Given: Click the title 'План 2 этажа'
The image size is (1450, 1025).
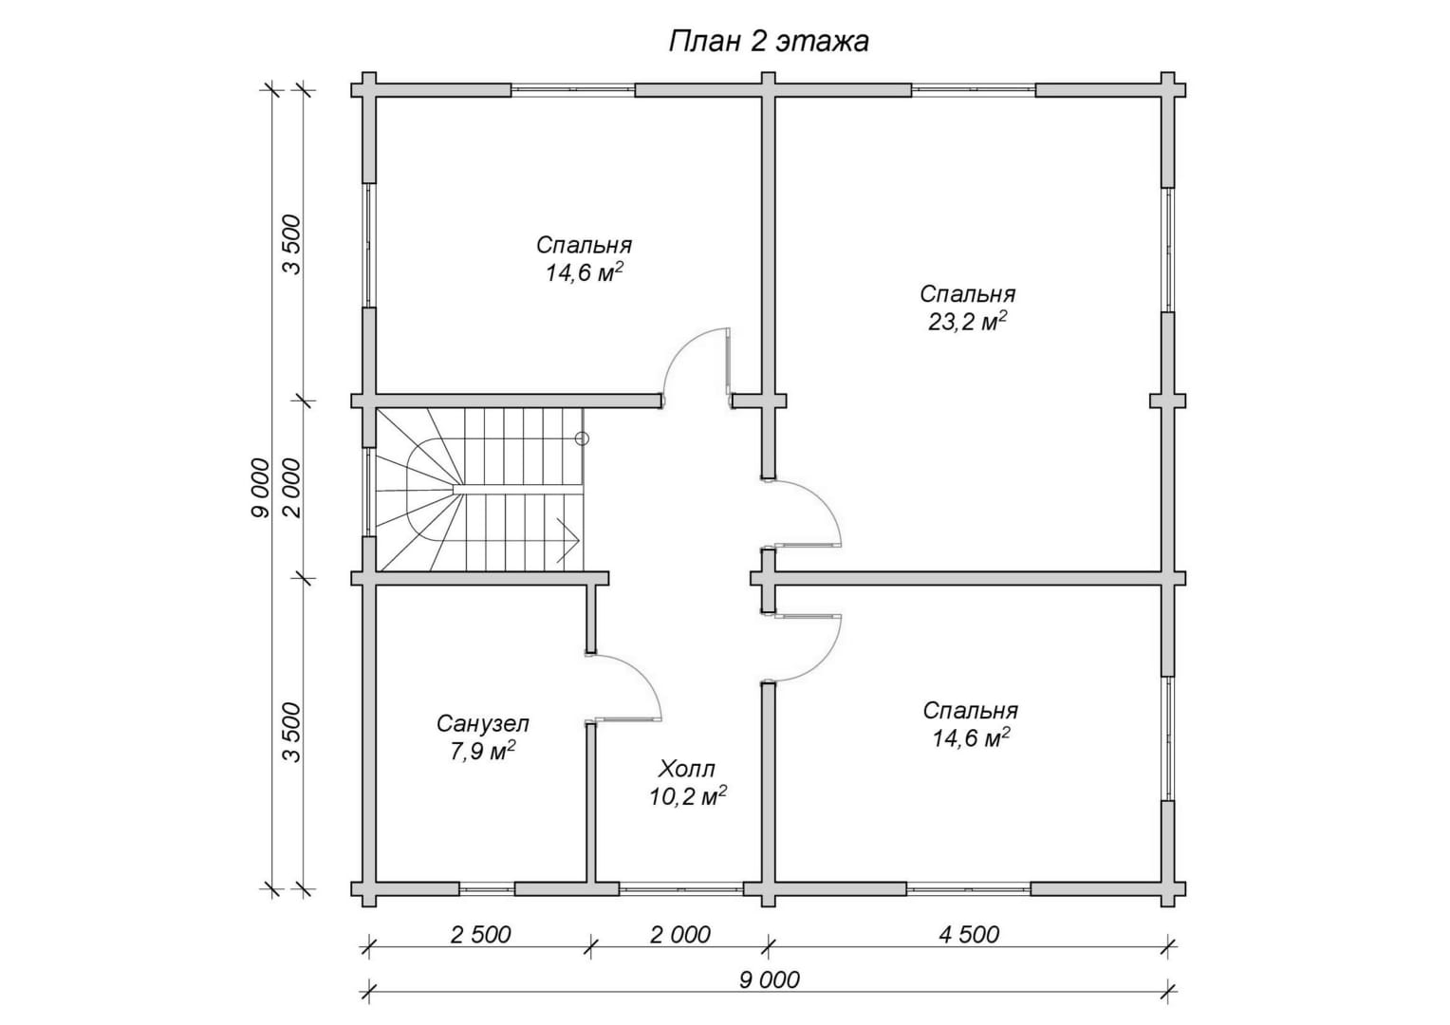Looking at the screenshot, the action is coord(769,42).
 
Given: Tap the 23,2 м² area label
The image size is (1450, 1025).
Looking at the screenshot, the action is coord(968,321).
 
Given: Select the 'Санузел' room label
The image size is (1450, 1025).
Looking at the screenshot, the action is coord(483,723).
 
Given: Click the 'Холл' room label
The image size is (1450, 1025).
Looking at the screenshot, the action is coord(687,770).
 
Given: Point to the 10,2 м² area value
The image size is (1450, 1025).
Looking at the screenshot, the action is coord(687,796).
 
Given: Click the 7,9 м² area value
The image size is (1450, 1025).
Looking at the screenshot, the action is coord(483,751).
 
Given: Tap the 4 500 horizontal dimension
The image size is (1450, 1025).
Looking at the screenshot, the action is coord(969,934).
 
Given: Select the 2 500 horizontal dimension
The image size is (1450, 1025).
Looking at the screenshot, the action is coord(480,934).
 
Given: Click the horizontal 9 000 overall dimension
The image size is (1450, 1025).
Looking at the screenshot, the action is coord(769,979).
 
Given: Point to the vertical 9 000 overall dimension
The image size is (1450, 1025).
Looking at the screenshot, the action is coord(261,488).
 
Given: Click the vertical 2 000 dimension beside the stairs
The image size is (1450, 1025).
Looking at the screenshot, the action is coord(292,488).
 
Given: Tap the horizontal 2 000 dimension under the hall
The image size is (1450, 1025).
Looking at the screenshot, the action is coord(680,934).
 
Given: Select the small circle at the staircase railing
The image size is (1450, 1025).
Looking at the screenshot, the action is coord(582,438).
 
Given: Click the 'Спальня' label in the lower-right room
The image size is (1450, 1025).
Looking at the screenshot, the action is coord(971,710).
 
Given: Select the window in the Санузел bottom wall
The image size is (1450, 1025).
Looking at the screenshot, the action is coord(487,888).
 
